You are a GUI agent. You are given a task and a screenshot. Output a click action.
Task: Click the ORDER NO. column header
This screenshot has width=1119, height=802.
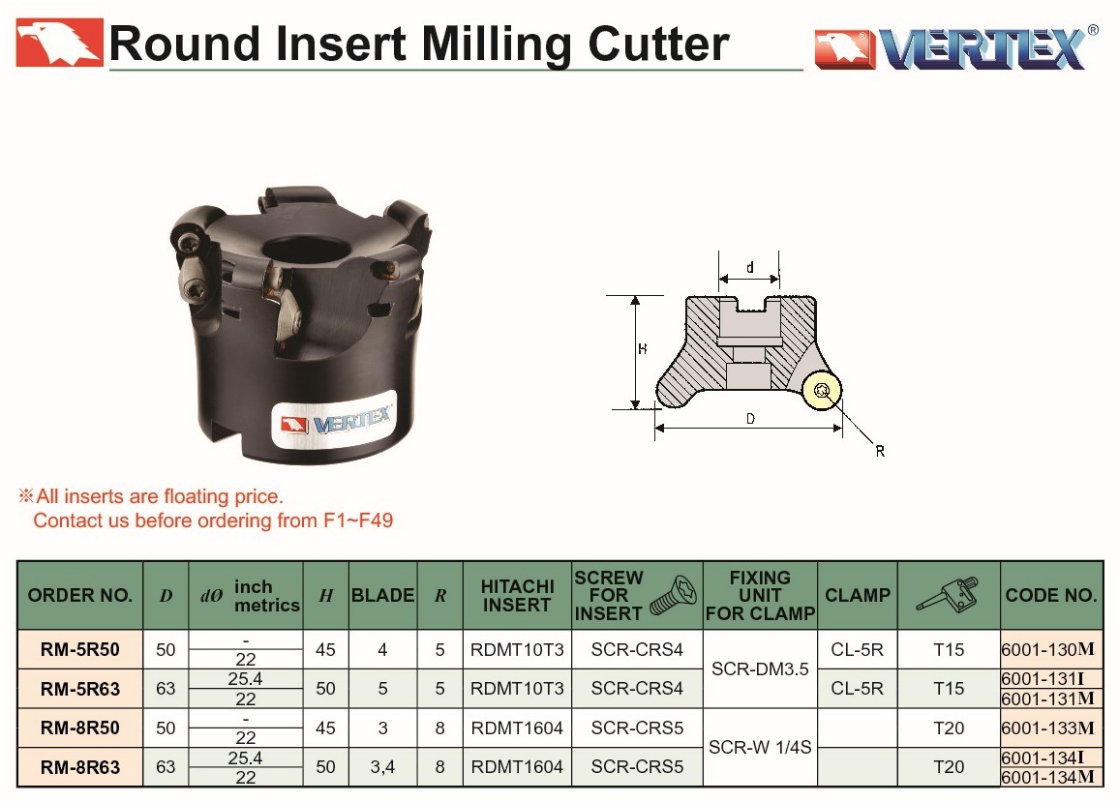coord(80,595)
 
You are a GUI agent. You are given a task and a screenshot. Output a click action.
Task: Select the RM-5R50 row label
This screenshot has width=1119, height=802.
coord(80,649)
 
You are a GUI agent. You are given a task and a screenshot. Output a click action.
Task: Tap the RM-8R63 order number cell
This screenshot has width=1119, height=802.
coord(80,767)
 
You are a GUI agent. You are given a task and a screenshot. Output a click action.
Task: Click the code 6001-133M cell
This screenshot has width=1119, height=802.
coord(1047,728)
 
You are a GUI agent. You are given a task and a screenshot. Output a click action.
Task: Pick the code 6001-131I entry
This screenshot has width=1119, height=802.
coord(1043,678)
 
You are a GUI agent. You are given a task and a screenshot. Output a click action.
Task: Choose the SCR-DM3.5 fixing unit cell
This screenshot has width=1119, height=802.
coord(760,668)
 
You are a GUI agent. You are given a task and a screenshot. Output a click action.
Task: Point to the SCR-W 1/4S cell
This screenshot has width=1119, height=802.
coord(760,747)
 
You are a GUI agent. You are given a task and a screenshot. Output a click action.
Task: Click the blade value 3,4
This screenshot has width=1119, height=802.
coord(382,767)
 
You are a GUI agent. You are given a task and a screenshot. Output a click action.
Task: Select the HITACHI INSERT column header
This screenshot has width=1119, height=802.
coord(518,595)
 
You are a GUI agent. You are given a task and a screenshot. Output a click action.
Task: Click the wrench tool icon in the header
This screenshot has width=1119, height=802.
coord(948,595)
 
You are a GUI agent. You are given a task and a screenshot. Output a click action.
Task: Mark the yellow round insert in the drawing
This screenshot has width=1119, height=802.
coord(822,390)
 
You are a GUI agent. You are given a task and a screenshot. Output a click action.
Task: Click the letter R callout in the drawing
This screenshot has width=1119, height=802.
coord(880,451)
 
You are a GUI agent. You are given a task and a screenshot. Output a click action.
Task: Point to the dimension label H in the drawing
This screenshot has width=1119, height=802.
coord(643,349)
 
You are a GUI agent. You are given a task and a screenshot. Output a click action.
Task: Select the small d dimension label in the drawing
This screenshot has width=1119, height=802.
coord(749,268)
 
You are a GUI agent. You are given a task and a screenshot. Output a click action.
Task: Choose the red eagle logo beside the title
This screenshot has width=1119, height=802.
coord(59,43)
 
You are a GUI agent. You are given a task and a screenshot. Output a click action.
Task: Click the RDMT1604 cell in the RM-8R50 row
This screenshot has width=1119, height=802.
coord(518,728)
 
